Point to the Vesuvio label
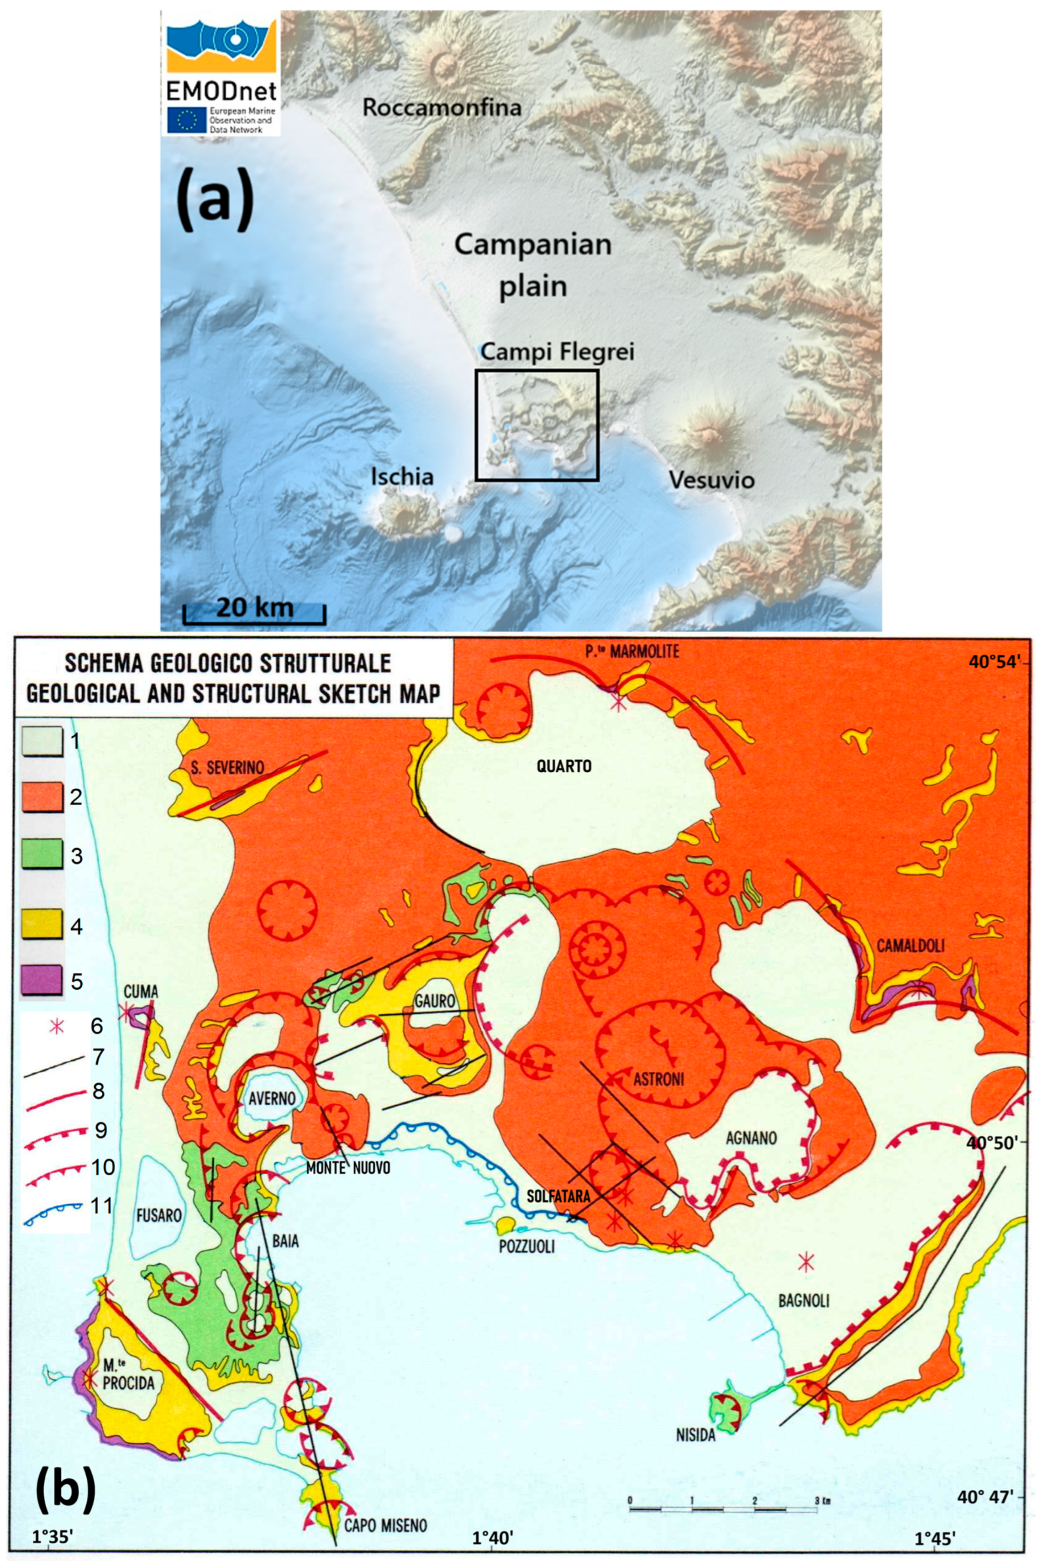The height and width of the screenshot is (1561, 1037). pyautogui.click(x=711, y=480)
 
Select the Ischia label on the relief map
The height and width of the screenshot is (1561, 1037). pyautogui.click(x=402, y=476)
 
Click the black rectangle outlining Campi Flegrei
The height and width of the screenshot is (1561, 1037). pyautogui.click(x=537, y=371)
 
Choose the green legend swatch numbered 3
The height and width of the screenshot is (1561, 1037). pyautogui.click(x=42, y=855)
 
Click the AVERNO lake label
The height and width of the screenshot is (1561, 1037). pyautogui.click(x=272, y=1098)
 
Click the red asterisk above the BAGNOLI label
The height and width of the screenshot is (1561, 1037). pyautogui.click(x=805, y=1262)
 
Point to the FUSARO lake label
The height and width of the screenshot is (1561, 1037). pyautogui.click(x=159, y=1215)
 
